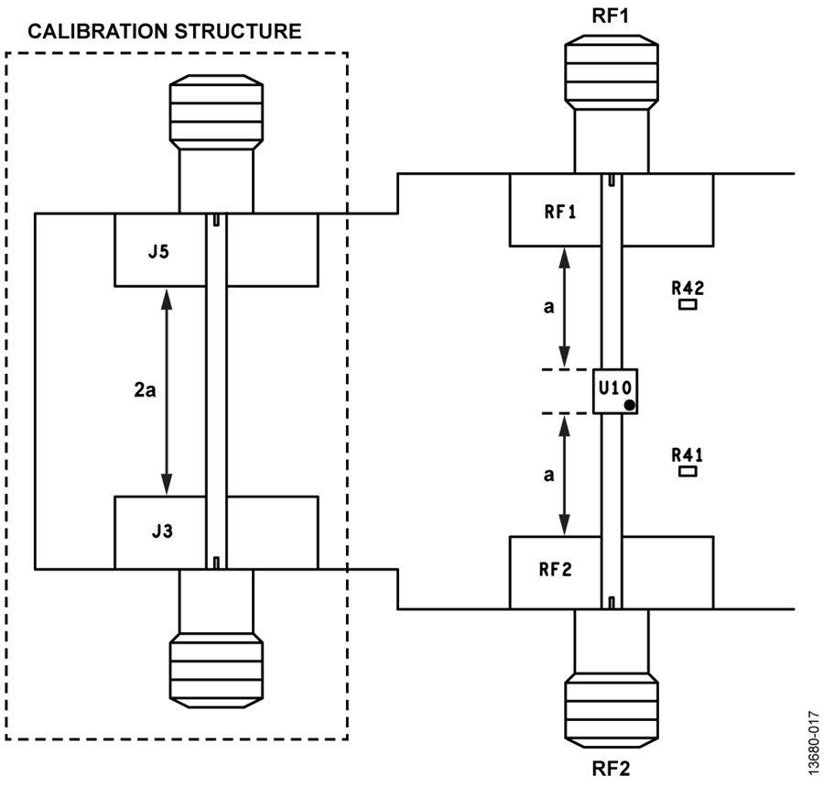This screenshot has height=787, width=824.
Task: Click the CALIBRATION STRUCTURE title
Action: pyautogui.click(x=165, y=31)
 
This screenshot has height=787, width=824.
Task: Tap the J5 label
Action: pyautogui.click(x=158, y=252)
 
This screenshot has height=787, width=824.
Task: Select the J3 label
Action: pyautogui.click(x=162, y=531)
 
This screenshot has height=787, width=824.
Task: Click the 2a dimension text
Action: pyautogui.click(x=145, y=390)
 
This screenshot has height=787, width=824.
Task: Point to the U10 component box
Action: pyautogui.click(x=615, y=391)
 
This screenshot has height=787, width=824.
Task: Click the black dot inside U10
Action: pyautogui.click(x=629, y=405)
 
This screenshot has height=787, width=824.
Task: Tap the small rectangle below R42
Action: pyautogui.click(x=688, y=304)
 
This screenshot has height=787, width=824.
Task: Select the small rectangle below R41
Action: pyautogui.click(x=688, y=472)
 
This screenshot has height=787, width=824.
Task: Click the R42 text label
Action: pyautogui.click(x=688, y=288)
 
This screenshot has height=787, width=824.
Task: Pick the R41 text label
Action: pyautogui.click(x=688, y=454)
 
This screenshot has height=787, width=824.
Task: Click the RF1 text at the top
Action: pyautogui.click(x=611, y=16)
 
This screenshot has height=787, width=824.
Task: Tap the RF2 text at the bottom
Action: pyautogui.click(x=611, y=769)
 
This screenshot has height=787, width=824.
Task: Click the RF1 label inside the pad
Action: pyautogui.click(x=560, y=212)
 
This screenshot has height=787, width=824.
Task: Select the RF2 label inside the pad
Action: pyautogui.click(x=556, y=569)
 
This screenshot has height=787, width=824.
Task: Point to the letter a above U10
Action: pyautogui.click(x=548, y=307)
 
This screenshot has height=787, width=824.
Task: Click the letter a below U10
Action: pyautogui.click(x=548, y=475)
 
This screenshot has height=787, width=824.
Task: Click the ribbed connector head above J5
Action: pyautogui.click(x=216, y=113)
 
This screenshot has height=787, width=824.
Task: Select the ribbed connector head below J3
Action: pyautogui.click(x=216, y=671)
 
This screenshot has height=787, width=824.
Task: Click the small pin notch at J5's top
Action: pyautogui.click(x=216, y=220)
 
